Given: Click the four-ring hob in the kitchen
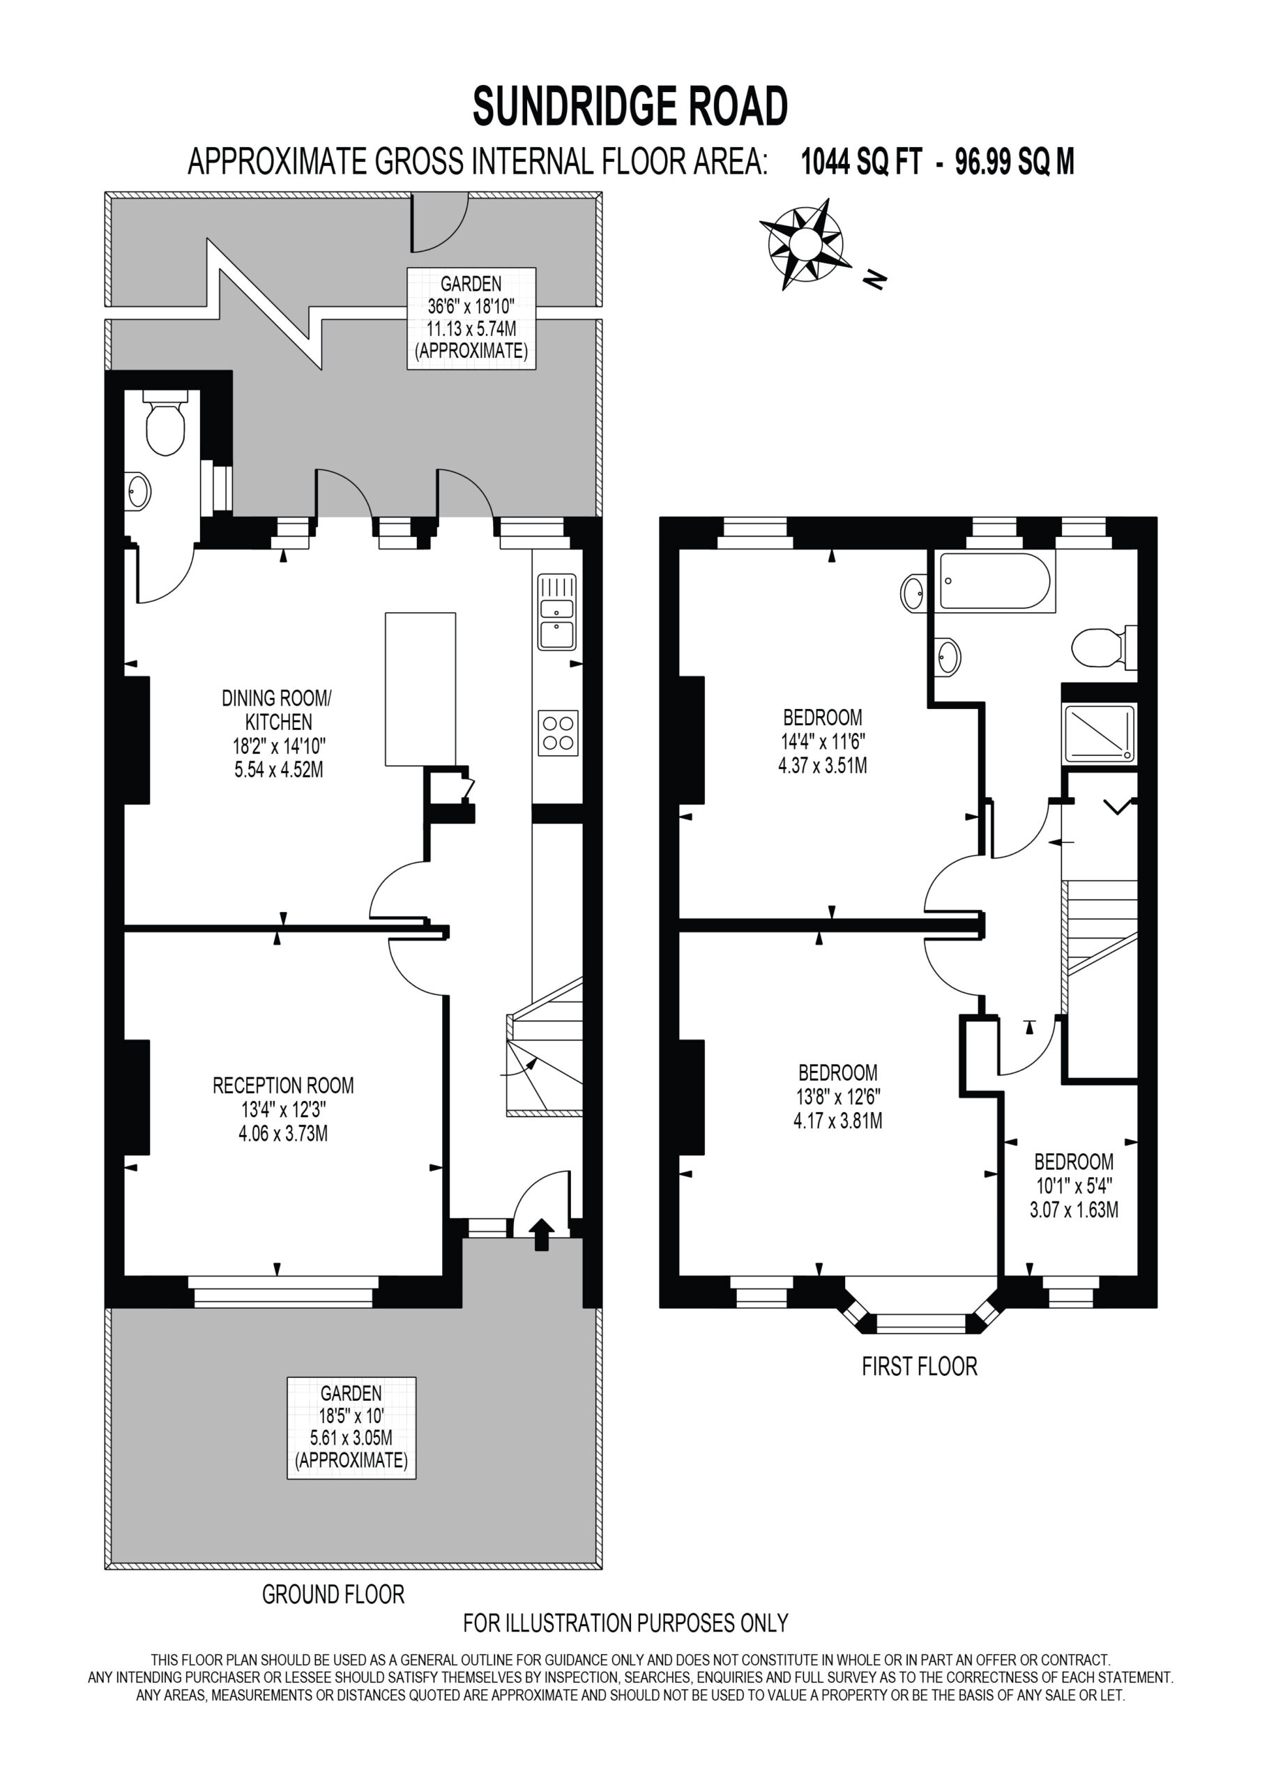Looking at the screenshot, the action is [558, 733].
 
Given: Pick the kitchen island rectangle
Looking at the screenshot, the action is [420, 689].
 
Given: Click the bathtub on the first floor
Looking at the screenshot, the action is [996, 582].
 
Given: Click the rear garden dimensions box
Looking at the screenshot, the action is [471, 318].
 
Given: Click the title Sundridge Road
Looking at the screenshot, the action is [630, 107].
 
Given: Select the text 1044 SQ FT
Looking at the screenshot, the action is [861, 162].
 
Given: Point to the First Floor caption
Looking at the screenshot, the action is [919, 1366].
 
